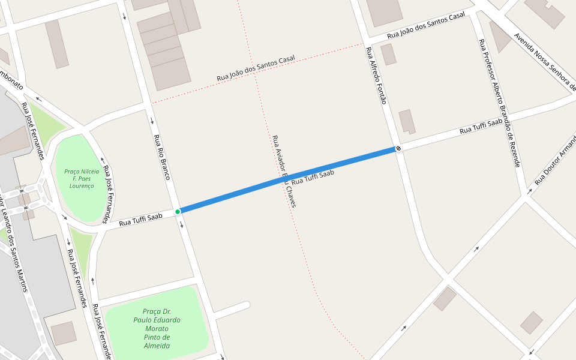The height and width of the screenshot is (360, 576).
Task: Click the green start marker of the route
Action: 178,212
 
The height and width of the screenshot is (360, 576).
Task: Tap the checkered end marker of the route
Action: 398,148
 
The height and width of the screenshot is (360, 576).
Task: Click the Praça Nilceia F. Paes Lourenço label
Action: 82,178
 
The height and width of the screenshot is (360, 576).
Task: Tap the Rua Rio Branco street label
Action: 162,157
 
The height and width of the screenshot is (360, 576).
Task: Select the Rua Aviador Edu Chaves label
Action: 284,171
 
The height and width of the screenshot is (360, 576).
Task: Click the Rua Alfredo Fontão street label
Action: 375,75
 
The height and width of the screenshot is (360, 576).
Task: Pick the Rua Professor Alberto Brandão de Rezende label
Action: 499,103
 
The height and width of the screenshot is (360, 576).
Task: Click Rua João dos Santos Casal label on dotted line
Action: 256,68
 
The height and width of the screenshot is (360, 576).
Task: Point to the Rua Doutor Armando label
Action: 556,160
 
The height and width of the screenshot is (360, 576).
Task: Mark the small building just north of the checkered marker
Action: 407,121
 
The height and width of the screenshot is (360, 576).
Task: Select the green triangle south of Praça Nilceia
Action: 81,246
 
